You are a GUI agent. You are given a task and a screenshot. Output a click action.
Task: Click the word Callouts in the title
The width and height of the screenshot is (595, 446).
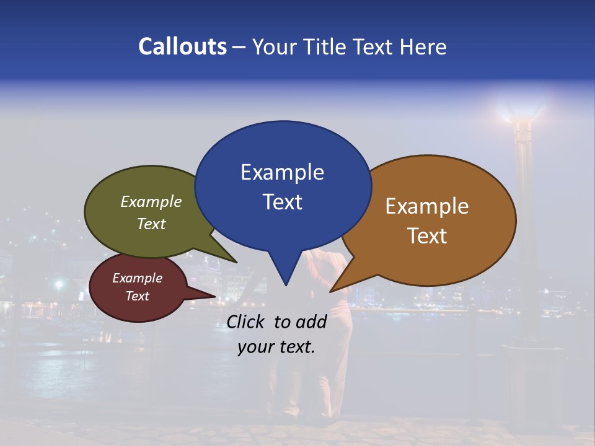pos(182,46)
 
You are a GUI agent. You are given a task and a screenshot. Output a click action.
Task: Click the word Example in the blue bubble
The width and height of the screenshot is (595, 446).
pos(282,172)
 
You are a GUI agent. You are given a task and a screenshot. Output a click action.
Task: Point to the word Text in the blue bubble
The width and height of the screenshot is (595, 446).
pos(282,202)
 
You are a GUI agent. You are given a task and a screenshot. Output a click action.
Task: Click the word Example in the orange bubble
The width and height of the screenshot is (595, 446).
pos(427,206)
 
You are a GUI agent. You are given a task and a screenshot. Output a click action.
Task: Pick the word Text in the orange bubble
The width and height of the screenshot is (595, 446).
pos(427,236)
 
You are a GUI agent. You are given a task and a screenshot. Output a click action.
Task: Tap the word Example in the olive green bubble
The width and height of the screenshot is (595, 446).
pos(151,202)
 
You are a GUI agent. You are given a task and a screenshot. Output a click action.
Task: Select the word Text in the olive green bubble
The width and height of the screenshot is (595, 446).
pos(151,224)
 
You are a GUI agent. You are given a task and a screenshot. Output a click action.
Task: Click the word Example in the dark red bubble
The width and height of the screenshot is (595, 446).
pos(137,278)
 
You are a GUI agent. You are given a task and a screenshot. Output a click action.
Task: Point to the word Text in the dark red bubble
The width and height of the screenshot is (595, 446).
pos(137,296)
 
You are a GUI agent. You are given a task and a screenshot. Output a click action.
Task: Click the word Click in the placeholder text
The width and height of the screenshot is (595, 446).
pos(247,321)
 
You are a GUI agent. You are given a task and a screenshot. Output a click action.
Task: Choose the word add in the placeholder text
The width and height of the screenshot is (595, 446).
pos(311,321)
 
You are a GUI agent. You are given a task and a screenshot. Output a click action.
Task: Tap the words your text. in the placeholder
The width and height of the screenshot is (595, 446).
pos(276,347)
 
